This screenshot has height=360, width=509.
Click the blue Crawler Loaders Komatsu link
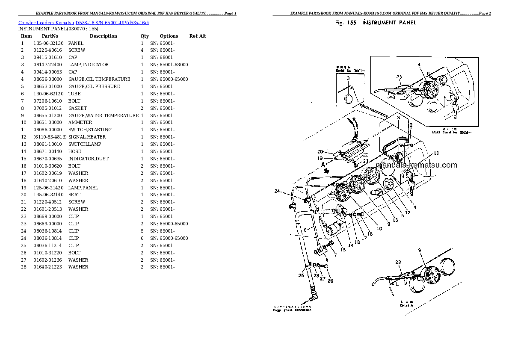(83, 22)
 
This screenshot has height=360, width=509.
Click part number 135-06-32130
(48, 43)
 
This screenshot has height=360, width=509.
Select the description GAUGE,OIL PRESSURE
(94, 86)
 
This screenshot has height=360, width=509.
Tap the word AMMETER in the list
(80, 122)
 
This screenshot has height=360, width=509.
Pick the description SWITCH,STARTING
(90, 130)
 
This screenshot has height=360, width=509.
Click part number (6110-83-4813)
(50, 137)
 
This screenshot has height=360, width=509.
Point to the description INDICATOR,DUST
(88, 159)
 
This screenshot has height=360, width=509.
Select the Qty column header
(145, 36)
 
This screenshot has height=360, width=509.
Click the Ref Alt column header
(198, 36)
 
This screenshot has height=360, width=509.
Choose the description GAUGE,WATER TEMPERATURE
(103, 115)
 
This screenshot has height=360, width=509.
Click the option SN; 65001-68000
(169, 65)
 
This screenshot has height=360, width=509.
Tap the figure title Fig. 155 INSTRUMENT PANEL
(376, 23)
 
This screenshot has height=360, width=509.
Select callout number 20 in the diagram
(320, 152)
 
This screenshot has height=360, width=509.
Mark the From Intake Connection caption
(292, 310)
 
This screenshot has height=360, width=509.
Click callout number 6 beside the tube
(305, 230)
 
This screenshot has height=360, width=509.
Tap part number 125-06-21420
(48, 188)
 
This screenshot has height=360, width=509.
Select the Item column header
(26, 36)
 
